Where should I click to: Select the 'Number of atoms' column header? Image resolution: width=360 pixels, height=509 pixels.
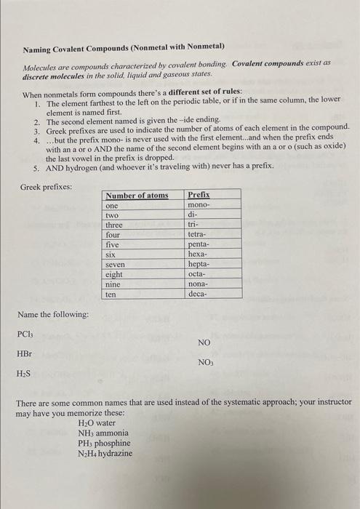point(137,196)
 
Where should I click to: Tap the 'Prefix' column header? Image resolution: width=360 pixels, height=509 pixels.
point(199,196)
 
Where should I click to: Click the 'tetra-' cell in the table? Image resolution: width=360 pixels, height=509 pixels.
point(199,236)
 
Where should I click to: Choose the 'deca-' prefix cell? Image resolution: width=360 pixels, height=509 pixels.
point(199,294)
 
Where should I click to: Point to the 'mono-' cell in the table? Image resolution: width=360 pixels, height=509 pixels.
point(199,206)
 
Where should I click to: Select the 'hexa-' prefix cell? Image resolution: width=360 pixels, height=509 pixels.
point(198,255)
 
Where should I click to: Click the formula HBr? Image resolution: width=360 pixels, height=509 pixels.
point(25,354)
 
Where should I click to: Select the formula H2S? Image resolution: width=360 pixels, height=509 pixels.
point(25,374)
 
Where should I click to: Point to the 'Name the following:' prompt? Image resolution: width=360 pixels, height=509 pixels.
point(53,314)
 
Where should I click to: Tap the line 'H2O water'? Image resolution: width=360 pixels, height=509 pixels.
point(97,422)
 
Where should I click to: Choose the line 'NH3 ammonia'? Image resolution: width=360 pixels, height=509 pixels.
point(103,433)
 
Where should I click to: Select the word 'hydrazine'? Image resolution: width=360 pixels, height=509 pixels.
point(115,453)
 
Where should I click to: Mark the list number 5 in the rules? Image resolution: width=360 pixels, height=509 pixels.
point(36,167)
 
